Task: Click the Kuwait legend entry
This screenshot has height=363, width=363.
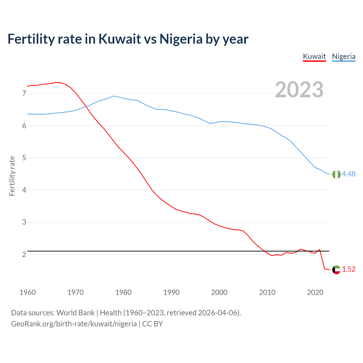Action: tap(314, 56)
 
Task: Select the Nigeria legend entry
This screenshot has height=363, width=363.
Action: tap(344, 56)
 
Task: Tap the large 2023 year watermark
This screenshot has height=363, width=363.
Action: tap(299, 90)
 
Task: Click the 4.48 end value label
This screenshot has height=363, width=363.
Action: tap(349, 174)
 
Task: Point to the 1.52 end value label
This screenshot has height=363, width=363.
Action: tap(349, 269)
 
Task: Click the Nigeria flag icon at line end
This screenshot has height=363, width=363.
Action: tap(336, 174)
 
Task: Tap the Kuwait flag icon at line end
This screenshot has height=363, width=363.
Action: tap(336, 270)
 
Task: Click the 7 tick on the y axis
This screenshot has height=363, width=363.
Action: tap(24, 93)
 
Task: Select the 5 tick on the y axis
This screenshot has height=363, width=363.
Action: tap(24, 158)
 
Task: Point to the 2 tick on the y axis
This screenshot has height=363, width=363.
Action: tap(24, 254)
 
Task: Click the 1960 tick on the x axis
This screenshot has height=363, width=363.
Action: tap(28, 292)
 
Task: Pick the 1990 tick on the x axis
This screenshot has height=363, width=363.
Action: tap(171, 292)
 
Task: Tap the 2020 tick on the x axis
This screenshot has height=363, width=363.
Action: tap(315, 292)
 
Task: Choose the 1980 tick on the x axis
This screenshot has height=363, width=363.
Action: tap(123, 292)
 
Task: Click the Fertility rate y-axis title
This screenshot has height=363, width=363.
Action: tap(12, 176)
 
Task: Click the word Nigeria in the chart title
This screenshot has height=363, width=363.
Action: tap(181, 39)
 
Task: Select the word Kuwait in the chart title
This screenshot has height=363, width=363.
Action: tap(120, 39)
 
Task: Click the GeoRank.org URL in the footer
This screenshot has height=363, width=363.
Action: tap(74, 324)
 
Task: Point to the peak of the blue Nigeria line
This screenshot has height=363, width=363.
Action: tap(114, 96)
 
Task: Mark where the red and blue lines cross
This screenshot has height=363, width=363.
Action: tap(85, 107)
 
